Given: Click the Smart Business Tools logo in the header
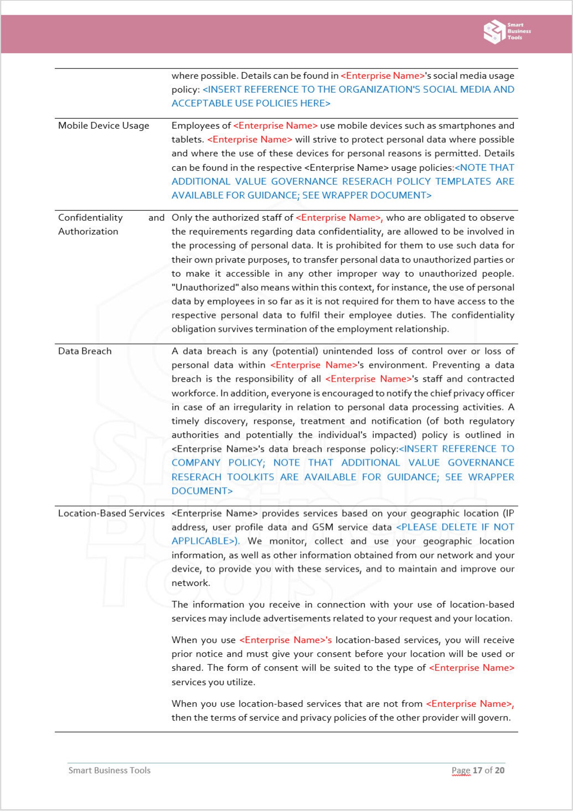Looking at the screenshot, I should (507, 32).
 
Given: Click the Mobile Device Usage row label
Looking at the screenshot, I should (104, 126).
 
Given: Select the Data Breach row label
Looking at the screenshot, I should (85, 351).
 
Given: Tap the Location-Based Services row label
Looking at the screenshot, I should (111, 513).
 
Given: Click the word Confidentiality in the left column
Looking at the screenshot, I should (90, 218).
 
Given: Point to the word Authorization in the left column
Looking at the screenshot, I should (88, 232).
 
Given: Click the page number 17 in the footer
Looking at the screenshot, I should (477, 770).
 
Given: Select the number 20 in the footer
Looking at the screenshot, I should (499, 770).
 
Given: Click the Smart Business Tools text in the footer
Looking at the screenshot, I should (109, 770).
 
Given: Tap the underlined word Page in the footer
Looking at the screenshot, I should (461, 770).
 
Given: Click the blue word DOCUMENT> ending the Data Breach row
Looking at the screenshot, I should (202, 491).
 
